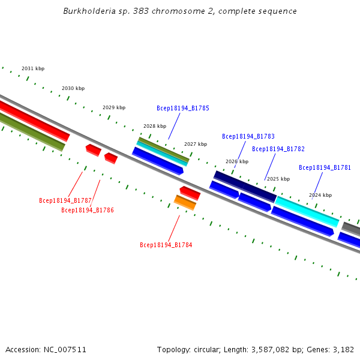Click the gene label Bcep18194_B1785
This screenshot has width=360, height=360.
183,108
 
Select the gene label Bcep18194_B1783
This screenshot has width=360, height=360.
248,136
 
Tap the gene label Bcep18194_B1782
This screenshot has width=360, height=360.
278,149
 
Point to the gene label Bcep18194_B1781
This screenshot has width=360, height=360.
325,167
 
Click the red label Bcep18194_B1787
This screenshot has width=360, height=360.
65,200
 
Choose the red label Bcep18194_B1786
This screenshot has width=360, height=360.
88,210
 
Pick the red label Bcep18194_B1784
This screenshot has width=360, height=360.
166,245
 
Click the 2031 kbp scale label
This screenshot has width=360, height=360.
33,68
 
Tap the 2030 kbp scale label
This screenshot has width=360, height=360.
73,88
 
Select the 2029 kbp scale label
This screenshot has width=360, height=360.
114,107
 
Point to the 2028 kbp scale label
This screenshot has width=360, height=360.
155,126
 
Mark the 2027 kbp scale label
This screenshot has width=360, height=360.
196,144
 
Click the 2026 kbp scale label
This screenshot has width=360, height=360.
237,161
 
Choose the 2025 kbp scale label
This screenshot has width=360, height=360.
278,179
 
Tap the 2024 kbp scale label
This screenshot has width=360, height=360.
320,195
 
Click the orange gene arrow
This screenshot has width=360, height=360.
185,203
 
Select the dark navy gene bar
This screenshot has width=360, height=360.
245,186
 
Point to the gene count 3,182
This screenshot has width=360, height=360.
343,349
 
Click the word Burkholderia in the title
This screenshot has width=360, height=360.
83,11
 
